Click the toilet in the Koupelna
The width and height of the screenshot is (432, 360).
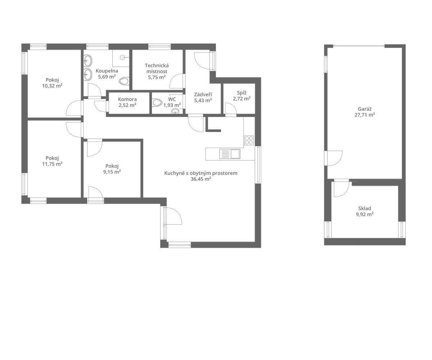(124, 81)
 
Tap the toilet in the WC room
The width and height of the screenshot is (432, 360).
(157, 102)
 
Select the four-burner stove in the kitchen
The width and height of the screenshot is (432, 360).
(249, 140)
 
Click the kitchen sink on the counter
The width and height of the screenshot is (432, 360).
(230, 154)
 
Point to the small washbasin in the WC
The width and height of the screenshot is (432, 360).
(175, 111)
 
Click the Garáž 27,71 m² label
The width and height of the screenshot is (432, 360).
(365, 112)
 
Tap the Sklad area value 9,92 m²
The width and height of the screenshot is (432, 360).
(365, 214)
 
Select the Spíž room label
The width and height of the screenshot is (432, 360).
(242, 93)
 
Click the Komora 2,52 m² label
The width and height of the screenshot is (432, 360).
(127, 102)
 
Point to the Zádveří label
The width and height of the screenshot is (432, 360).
(203, 95)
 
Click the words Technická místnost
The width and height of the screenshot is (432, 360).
(157, 68)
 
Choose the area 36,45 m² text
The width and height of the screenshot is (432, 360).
(201, 179)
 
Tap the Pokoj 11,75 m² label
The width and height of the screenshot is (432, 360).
(52, 161)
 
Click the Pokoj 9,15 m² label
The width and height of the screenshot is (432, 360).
(112, 169)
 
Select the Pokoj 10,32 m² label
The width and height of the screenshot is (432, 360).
(52, 83)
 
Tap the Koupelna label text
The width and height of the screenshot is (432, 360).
(107, 71)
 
